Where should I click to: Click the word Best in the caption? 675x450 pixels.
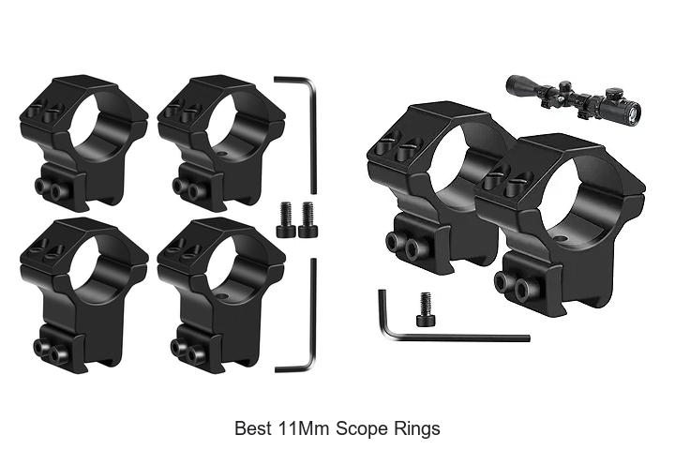pos(250,428)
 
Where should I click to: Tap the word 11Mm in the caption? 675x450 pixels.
pos(299,428)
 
